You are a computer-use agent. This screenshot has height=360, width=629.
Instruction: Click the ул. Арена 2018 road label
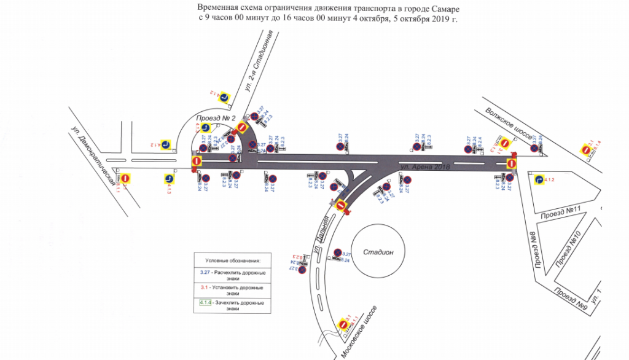point(423,167)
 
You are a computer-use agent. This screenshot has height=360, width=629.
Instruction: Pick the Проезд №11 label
point(560,214)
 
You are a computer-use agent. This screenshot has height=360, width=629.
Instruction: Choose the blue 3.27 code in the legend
point(205,272)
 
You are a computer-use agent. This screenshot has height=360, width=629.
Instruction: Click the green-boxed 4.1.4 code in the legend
point(206,302)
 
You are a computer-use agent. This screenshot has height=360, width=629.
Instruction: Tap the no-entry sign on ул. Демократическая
point(125,178)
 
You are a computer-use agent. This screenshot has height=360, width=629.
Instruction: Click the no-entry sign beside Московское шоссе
point(343,324)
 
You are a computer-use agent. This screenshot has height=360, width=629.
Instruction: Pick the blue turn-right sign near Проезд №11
point(538,180)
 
